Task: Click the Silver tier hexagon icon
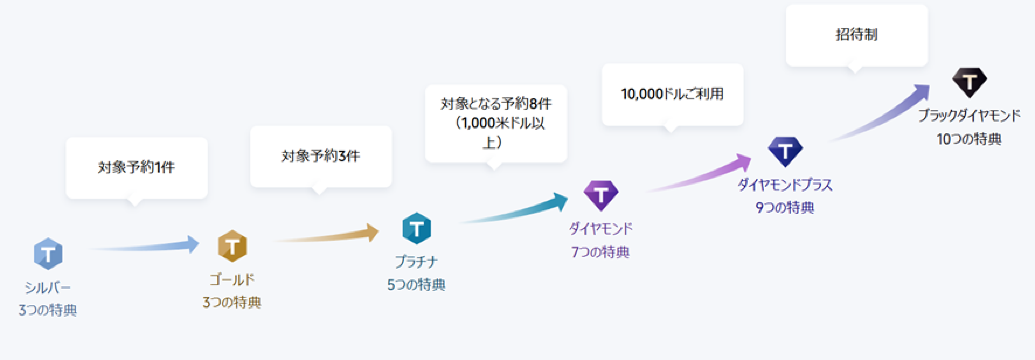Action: (x=47, y=254)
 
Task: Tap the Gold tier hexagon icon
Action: (x=232, y=244)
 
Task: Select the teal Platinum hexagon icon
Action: (x=416, y=229)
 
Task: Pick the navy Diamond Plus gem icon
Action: (x=785, y=151)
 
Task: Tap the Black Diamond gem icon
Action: (x=969, y=82)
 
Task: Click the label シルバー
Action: (x=47, y=288)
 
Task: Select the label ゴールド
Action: (x=232, y=278)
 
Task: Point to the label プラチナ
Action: (x=416, y=262)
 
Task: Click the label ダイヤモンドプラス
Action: (x=785, y=185)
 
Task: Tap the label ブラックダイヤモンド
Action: (x=969, y=116)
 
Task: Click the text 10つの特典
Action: (x=969, y=139)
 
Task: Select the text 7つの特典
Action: (x=601, y=251)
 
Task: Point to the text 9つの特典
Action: (x=785, y=208)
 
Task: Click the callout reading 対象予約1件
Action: (x=136, y=167)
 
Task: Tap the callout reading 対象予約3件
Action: (x=320, y=155)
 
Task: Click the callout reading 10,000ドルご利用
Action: (x=672, y=94)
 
